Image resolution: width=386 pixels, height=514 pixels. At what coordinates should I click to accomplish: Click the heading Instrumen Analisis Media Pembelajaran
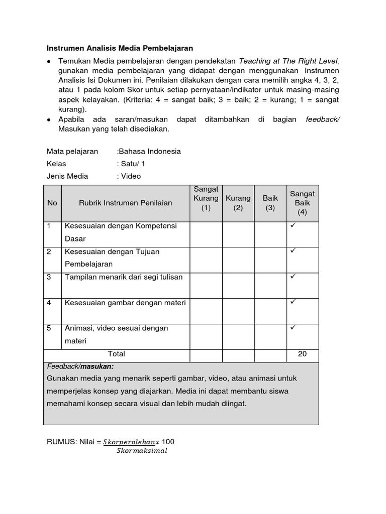click(120, 48)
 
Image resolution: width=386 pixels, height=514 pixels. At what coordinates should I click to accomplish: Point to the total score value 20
click(302, 354)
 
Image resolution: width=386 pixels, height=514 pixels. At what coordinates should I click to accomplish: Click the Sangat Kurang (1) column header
click(206, 198)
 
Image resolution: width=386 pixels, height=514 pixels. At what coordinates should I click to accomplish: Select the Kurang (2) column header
click(238, 203)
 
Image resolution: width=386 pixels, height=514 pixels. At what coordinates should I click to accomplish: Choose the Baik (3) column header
click(270, 203)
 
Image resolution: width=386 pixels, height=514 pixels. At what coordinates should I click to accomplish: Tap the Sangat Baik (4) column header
click(302, 203)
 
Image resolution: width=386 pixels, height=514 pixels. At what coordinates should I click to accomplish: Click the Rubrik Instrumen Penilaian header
click(125, 203)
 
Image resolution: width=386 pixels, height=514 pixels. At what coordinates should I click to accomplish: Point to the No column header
click(52, 203)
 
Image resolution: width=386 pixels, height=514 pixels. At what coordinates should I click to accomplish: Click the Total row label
click(117, 354)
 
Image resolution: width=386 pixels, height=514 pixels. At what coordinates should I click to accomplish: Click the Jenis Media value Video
click(130, 176)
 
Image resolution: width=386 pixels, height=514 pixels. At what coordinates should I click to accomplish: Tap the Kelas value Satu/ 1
click(133, 164)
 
